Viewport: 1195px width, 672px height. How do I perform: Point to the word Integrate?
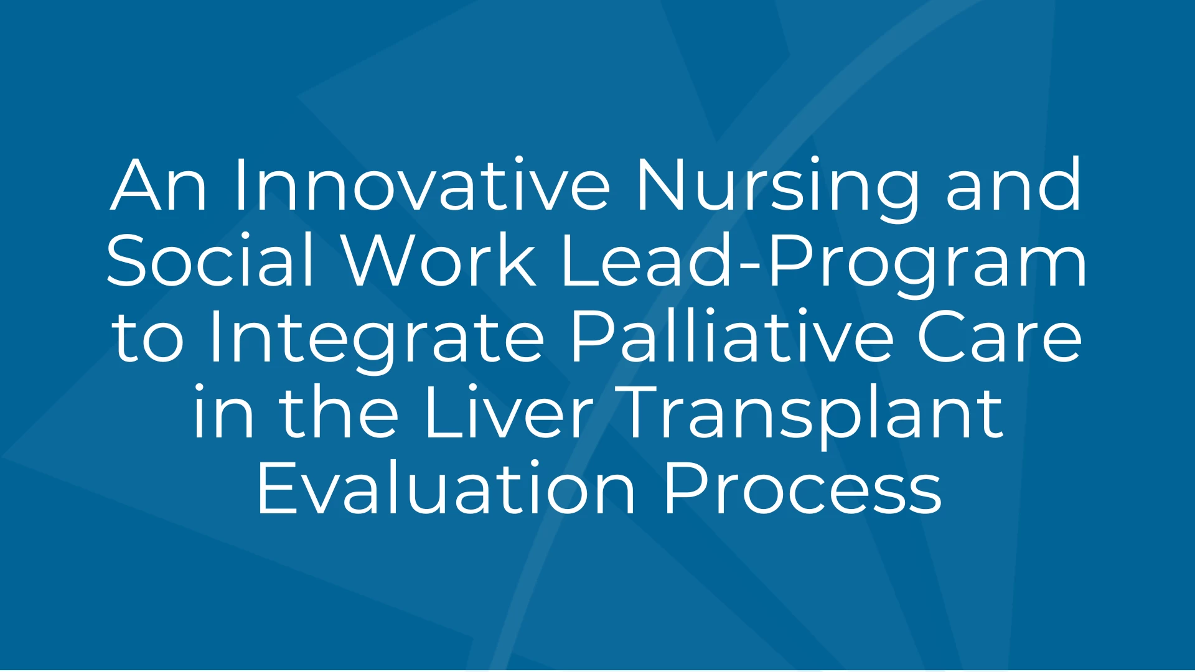(x=378, y=340)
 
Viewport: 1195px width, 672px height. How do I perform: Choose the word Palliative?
(x=732, y=336)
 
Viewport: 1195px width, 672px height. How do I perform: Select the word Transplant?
(x=812, y=416)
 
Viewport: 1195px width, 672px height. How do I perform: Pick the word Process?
(x=803, y=488)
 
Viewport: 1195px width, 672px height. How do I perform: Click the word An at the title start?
(x=158, y=185)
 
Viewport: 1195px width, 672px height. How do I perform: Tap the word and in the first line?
(x=1014, y=185)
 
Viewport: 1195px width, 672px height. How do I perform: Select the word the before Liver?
(x=339, y=412)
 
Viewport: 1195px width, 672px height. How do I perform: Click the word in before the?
(x=223, y=412)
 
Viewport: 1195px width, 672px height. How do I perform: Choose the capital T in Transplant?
(x=644, y=413)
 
